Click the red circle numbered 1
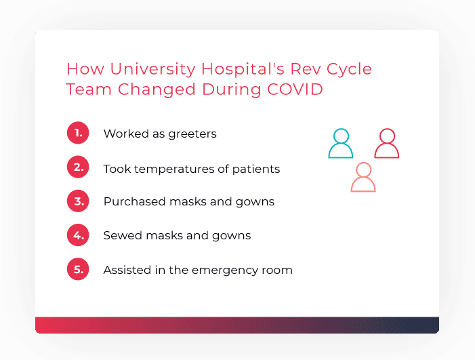(79, 133)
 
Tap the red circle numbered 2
(79, 167)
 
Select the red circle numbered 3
(79, 201)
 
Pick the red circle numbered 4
(79, 235)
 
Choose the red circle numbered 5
(79, 269)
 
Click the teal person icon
(340, 144)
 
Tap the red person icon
(387, 144)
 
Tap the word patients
(256, 169)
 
